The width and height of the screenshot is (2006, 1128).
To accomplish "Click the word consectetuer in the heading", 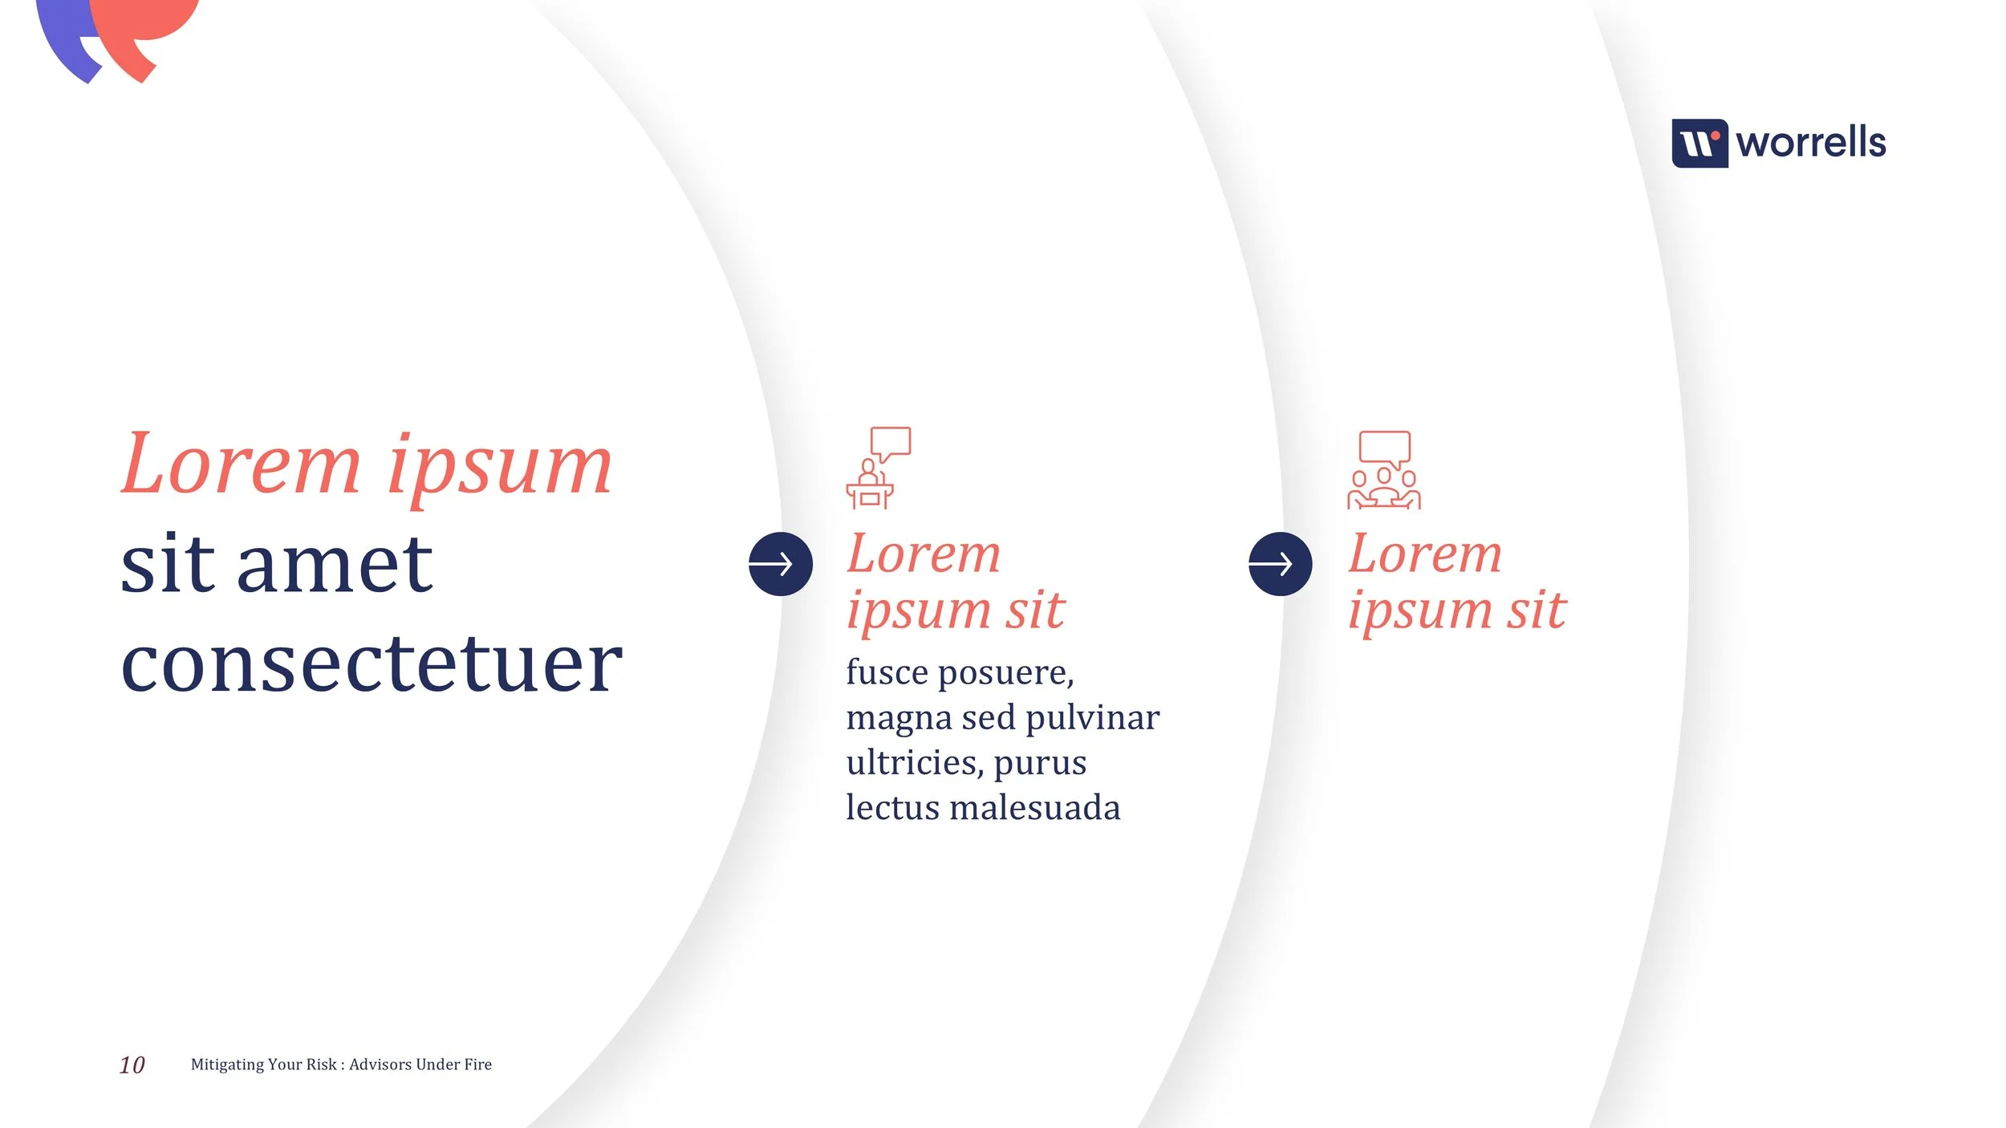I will coord(371,664).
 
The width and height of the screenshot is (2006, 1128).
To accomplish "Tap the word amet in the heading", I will coord(335,566).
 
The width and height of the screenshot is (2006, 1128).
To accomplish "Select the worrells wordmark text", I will coord(1810,144).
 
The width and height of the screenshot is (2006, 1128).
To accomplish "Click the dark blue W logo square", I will coord(1699,144).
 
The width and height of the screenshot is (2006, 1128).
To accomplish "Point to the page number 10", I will coord(132,1065).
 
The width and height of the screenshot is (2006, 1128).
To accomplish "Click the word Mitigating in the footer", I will coord(227,1065).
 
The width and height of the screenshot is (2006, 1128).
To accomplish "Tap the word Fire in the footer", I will coord(477,1064).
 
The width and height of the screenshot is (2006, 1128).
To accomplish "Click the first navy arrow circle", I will coord(780,564).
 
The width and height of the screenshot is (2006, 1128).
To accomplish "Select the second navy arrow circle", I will coord(1280,564).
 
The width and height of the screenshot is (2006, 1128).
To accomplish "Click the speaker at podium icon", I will coord(877,469).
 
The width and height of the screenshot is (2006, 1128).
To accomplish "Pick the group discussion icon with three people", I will coord(1383,471).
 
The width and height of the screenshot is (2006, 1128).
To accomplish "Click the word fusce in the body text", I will coord(887,672).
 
